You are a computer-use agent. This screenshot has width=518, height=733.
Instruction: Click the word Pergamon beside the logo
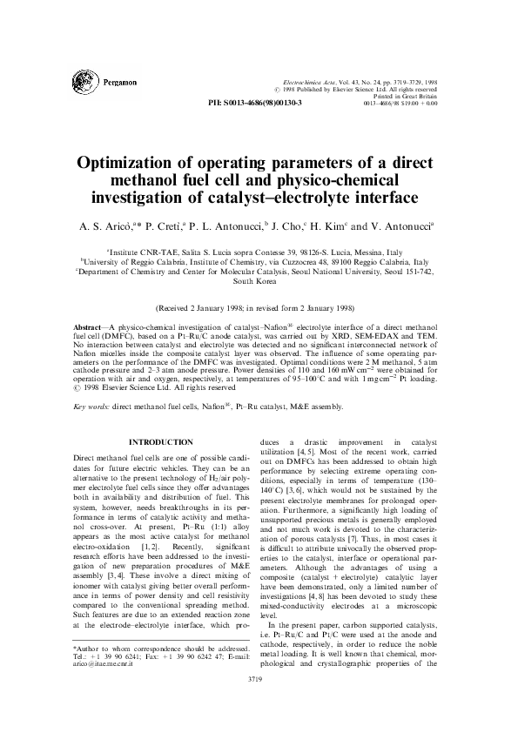point(118,83)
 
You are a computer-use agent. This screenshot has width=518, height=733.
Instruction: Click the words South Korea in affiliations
point(258,281)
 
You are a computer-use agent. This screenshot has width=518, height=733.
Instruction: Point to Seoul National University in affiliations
point(338,271)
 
